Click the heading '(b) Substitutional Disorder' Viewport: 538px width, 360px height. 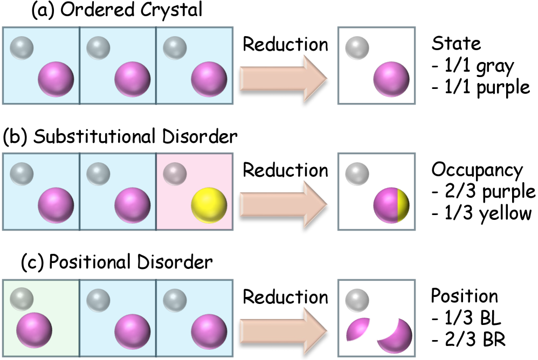point(120,136)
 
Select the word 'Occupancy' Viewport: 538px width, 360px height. point(477,170)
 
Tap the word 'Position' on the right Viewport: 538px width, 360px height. point(464,296)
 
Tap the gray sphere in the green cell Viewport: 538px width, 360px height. point(22,298)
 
